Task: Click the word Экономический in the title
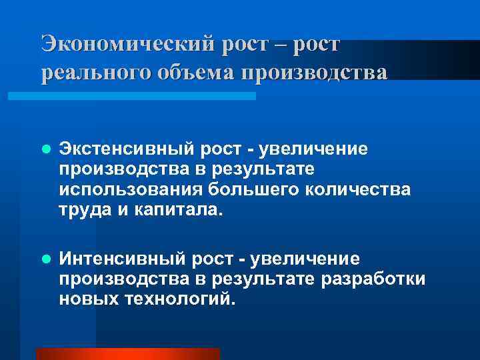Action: coord(125,44)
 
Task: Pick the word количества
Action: coord(359,190)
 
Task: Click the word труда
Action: coord(81,211)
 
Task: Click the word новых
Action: coord(88,298)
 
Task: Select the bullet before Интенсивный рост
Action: coord(45,259)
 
